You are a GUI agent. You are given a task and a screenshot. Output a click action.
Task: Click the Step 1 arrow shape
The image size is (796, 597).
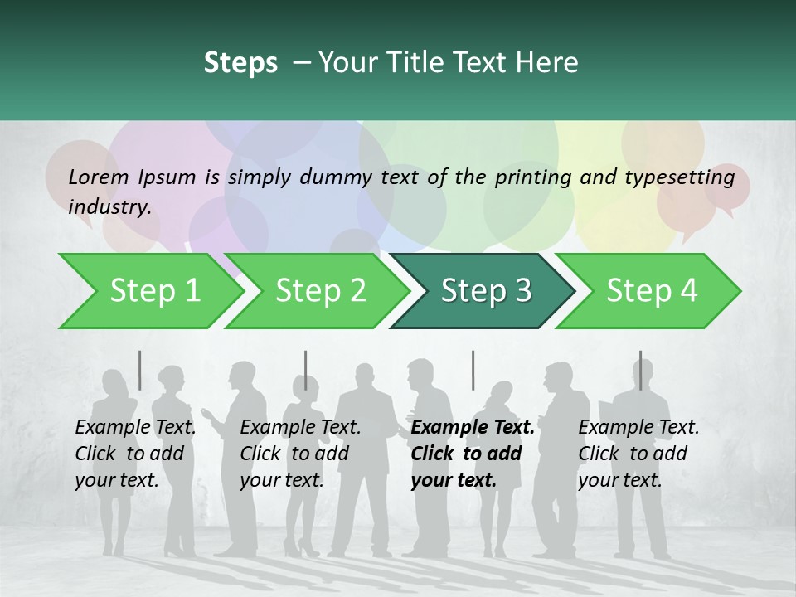coord(149,290)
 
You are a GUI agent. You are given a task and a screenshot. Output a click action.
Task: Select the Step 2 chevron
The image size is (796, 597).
coord(320,290)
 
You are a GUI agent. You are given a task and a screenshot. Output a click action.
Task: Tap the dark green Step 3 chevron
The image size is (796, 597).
coord(486,290)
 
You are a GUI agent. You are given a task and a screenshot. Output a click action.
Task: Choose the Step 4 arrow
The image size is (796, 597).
coord(652,290)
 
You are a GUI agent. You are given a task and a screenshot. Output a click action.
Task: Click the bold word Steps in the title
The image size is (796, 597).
coord(240,62)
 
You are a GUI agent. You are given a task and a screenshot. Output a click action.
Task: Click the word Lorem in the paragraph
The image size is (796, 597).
coord(99,177)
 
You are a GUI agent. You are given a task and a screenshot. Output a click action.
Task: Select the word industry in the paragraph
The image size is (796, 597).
coord(109,206)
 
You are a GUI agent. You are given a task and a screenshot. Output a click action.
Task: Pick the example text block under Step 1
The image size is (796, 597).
coord(135,454)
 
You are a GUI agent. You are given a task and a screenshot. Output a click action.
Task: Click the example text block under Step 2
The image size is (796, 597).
coord(300,454)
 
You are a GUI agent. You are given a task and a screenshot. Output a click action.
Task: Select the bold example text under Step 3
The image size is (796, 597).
coord(473,454)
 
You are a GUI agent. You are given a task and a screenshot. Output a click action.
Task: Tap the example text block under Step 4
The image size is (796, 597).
coord(638,454)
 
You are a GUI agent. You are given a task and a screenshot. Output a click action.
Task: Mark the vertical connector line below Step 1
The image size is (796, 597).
coord(140,370)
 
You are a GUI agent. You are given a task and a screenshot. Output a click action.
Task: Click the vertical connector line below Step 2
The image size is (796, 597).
coord(306,370)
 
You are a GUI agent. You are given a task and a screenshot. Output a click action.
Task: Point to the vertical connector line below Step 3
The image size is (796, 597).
coord(473,370)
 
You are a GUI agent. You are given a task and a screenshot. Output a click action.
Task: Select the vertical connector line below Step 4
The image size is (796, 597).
coord(640,370)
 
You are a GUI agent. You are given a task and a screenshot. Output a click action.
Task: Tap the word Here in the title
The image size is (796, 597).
coord(550,62)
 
